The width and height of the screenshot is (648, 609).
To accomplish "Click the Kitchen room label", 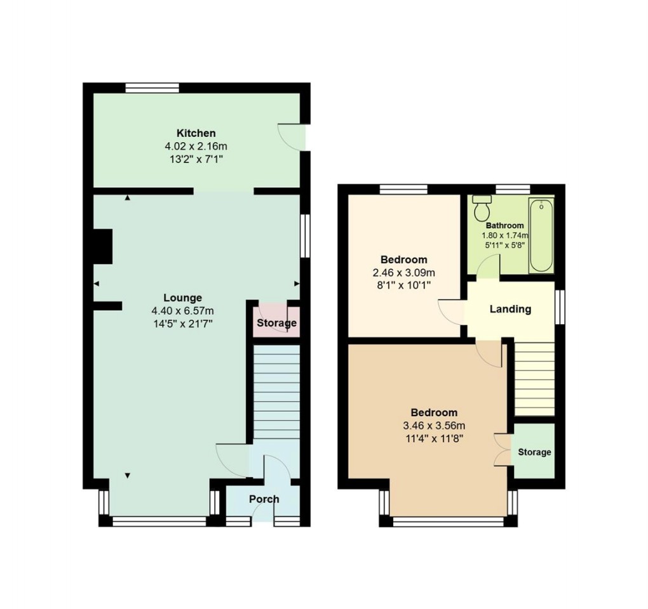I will pos(196,133).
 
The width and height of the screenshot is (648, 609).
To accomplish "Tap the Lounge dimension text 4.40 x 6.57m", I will pos(182,311).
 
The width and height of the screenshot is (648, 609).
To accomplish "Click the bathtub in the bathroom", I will pos(541,235).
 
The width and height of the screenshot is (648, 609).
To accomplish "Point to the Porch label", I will pos(264,499).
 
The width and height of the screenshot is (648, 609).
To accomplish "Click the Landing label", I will pos(510,310).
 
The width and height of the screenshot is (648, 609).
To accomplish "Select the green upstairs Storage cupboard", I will pos(534,452).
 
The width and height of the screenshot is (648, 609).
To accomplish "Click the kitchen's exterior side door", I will pos(293,137).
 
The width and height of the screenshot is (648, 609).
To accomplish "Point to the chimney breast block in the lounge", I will pos(102,246).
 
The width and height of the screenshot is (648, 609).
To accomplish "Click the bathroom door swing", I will pos(488,268).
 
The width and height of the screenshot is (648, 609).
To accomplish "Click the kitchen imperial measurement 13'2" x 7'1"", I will pos(196,159).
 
